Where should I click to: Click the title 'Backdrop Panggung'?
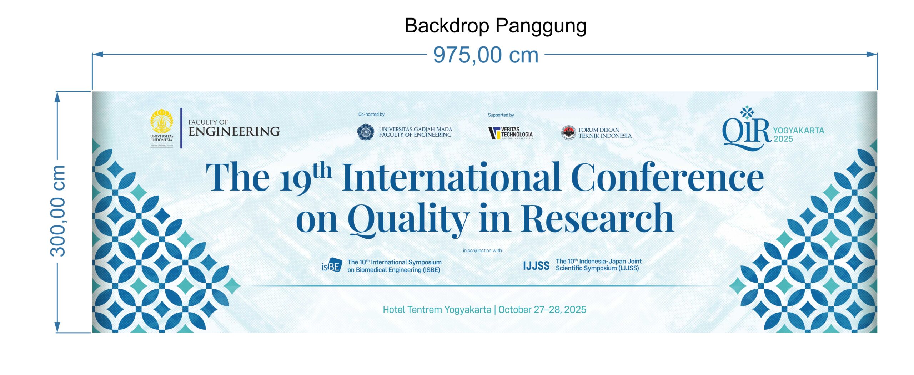[x=495, y=26]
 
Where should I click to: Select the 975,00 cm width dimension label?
[x=486, y=55]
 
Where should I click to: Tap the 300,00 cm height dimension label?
[x=58, y=211]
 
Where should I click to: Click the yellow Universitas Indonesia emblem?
[x=162, y=122]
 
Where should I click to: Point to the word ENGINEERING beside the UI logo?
[x=234, y=132]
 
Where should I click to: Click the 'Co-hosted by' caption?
[x=371, y=115]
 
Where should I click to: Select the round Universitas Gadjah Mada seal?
[x=366, y=132]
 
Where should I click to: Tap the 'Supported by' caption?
[x=501, y=115]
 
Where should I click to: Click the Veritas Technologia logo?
[x=510, y=133]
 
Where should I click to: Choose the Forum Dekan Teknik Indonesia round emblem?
[x=568, y=133]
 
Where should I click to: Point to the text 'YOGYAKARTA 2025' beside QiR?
[x=798, y=135]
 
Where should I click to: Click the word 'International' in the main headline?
[x=451, y=178]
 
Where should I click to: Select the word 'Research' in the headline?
[x=597, y=218]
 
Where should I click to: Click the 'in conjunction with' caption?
[x=482, y=250]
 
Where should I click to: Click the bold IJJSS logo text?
[x=536, y=266]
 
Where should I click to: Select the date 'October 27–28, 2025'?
[x=542, y=309]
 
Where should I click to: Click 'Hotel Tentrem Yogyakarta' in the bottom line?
[x=437, y=309]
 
